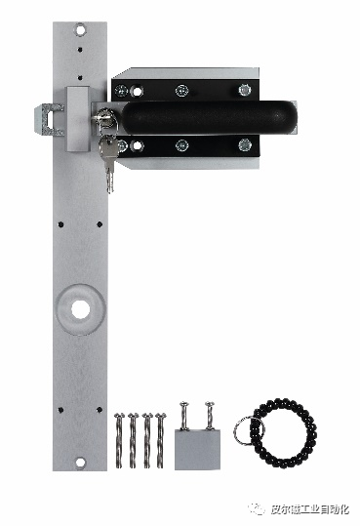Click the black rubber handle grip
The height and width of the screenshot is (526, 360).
[210, 117]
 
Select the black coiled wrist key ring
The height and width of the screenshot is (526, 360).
[284, 433]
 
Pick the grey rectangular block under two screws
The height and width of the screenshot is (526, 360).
[197, 450]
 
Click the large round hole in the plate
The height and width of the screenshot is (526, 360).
[81, 309]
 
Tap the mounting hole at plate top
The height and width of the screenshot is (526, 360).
[80, 30]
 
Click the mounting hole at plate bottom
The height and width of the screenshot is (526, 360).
[80, 463]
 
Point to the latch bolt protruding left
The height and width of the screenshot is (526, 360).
[50, 120]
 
